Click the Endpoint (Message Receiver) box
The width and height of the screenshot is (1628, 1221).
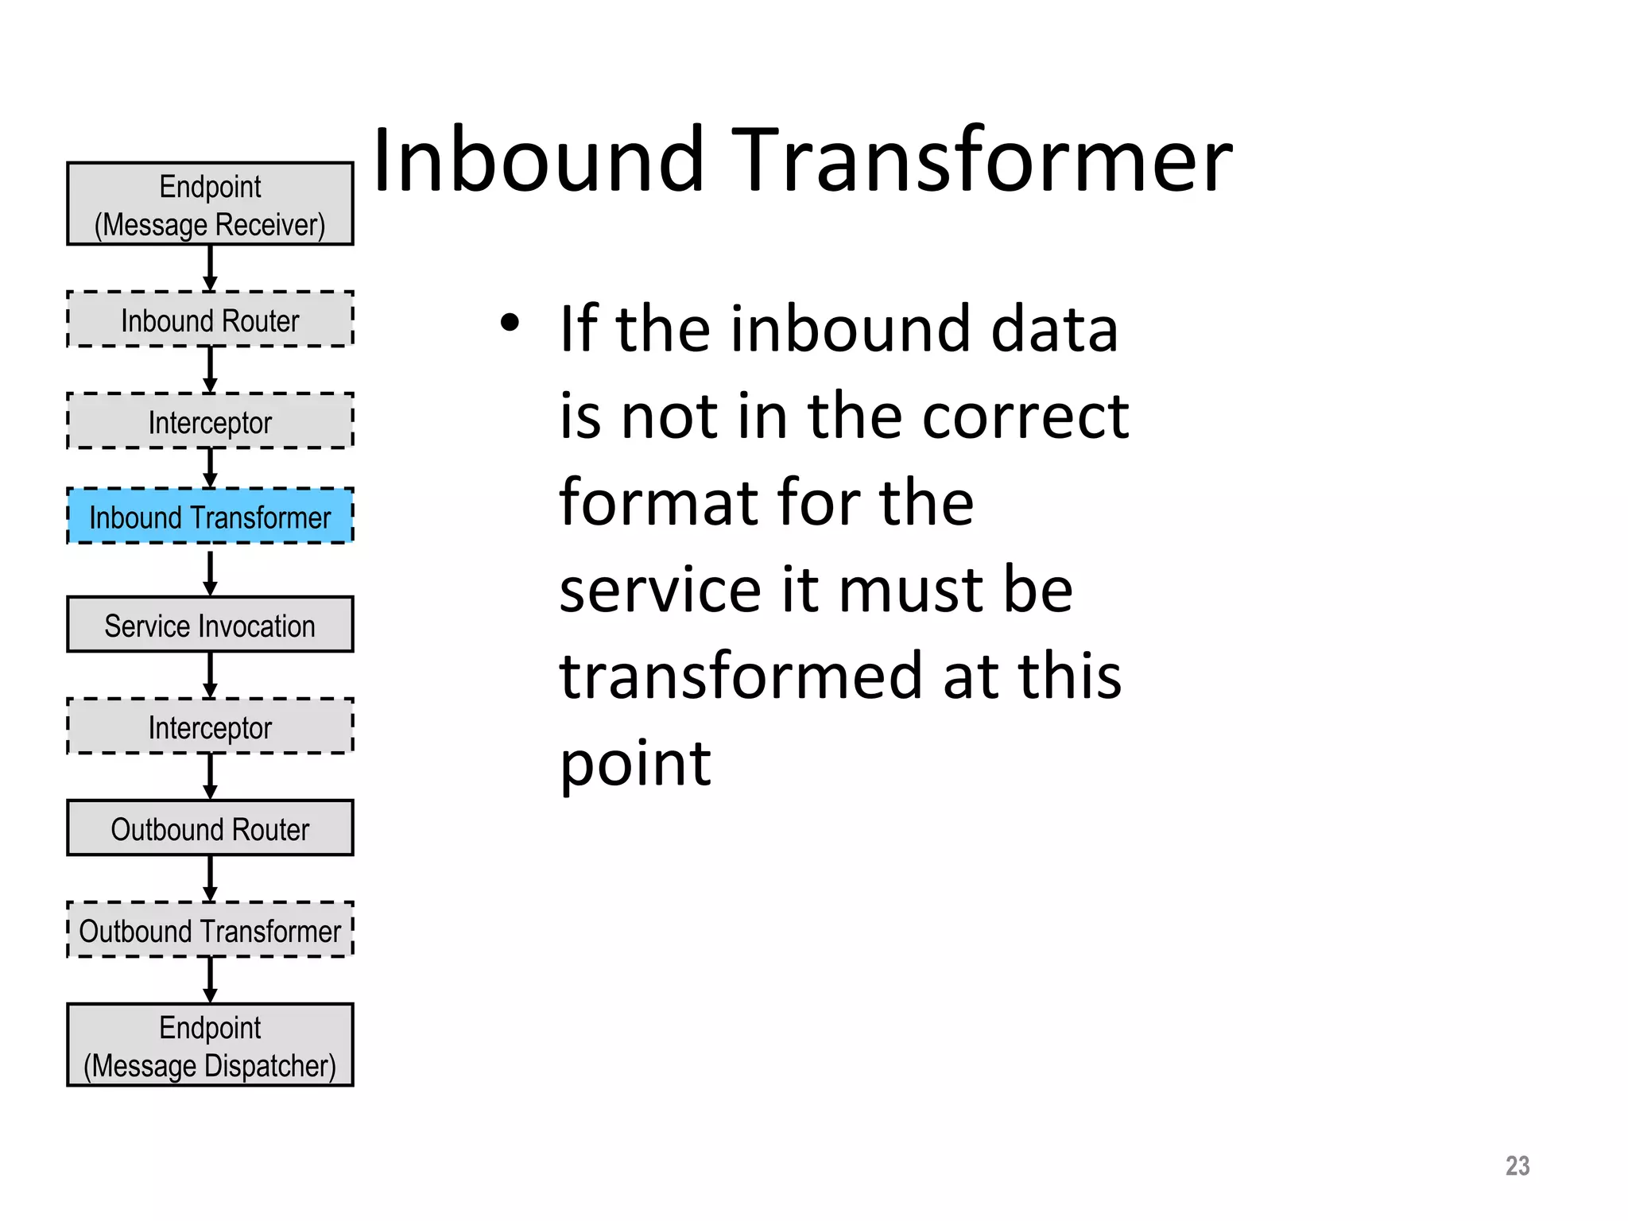tap(210, 204)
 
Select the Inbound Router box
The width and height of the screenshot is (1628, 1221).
tap(210, 320)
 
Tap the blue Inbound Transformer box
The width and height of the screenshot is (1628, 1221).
tap(210, 517)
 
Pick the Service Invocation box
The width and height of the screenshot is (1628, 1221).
tap(210, 625)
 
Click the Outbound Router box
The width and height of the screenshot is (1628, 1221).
tap(210, 828)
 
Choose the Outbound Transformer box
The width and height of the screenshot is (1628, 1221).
tap(210, 930)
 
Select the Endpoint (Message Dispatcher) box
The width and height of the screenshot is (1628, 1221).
tap(210, 1045)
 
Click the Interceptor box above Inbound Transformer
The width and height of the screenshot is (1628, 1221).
tap(210, 421)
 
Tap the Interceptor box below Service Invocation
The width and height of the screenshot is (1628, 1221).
tap(210, 727)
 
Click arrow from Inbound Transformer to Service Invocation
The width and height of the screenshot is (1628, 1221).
tap(210, 572)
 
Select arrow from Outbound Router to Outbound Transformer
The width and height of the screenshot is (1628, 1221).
tap(210, 878)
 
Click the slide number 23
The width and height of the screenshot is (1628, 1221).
tap(1517, 1165)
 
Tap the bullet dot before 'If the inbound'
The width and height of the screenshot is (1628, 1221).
tap(510, 323)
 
